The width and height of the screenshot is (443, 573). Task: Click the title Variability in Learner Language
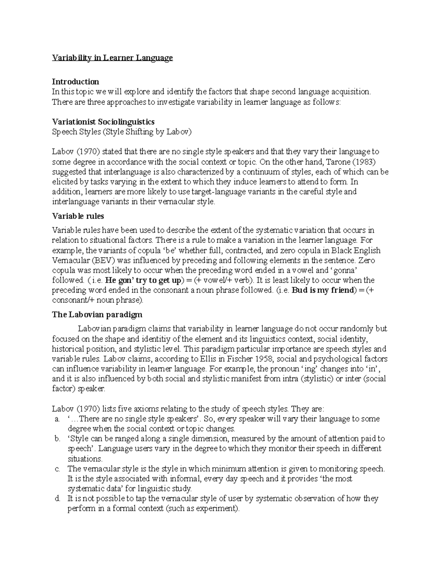pos(112,58)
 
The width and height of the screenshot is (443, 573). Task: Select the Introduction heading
pos(75,82)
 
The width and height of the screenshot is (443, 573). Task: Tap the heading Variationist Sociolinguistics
pos(103,122)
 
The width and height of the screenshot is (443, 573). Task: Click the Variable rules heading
pos(78,216)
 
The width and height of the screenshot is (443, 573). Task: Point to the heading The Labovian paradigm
pos(97,315)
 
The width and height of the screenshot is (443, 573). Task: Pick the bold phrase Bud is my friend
pos(323,290)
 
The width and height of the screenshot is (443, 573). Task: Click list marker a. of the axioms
pos(56,419)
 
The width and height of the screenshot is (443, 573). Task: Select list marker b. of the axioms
pos(56,439)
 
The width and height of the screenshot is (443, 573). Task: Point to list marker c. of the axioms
pos(56,469)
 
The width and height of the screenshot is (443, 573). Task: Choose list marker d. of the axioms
pos(56,499)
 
